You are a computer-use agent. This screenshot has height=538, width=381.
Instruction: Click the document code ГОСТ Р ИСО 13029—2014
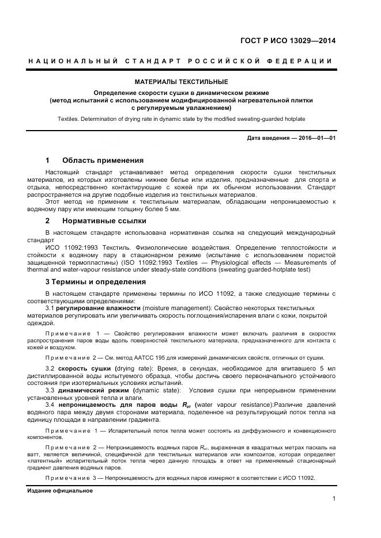pos(287,40)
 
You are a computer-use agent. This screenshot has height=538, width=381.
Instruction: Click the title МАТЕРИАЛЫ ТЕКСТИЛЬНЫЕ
pos(181,82)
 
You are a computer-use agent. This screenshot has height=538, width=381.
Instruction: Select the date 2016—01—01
pos(315,138)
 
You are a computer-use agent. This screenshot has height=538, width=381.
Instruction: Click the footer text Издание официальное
pos(60,491)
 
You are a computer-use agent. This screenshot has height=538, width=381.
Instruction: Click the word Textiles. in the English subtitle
pos(69,119)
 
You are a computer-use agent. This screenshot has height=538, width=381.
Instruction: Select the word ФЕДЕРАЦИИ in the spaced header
pos(299,61)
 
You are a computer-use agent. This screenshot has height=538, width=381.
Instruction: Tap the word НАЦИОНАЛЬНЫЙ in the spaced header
pos(74,61)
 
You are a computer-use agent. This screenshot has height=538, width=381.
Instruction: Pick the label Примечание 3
pos(72,479)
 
